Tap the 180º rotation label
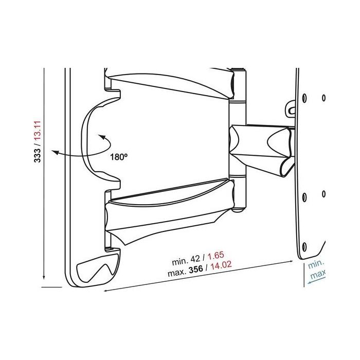(118, 158)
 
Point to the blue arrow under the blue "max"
(315, 282)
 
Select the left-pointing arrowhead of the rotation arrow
(58, 152)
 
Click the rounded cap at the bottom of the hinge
(237, 208)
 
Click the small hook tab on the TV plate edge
(292, 110)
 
